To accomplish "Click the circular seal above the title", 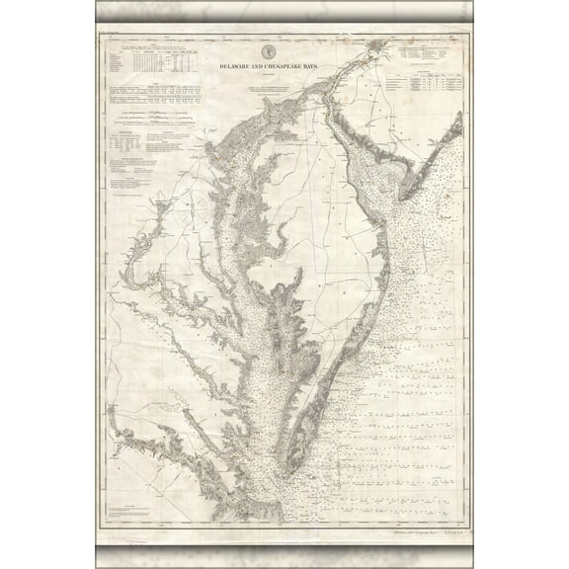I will pyautogui.click(x=268, y=51).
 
